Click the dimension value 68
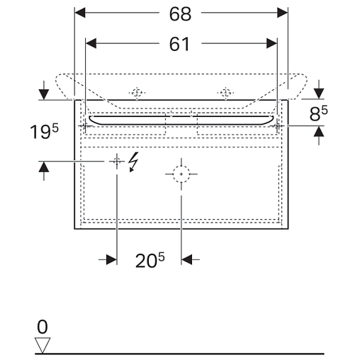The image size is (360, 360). click(x=180, y=14)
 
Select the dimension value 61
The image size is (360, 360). click(x=179, y=44)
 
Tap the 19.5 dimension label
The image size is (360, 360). click(x=44, y=131)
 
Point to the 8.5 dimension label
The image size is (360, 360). click(x=318, y=113)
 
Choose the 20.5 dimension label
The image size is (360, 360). click(x=150, y=260)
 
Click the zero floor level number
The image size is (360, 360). click(x=43, y=327)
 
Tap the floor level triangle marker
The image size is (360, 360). click(x=43, y=345)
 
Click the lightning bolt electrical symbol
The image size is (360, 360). click(x=133, y=162)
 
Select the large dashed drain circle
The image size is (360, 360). click(x=181, y=174)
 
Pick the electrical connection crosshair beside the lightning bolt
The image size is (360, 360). click(x=117, y=162)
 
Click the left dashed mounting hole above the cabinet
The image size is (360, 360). click(x=137, y=93)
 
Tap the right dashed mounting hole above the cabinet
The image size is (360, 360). click(x=225, y=93)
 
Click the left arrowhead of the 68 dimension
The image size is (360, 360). click(x=80, y=13)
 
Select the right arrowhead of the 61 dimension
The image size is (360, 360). click(x=271, y=43)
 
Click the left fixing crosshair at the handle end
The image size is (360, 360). click(x=85, y=126)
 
